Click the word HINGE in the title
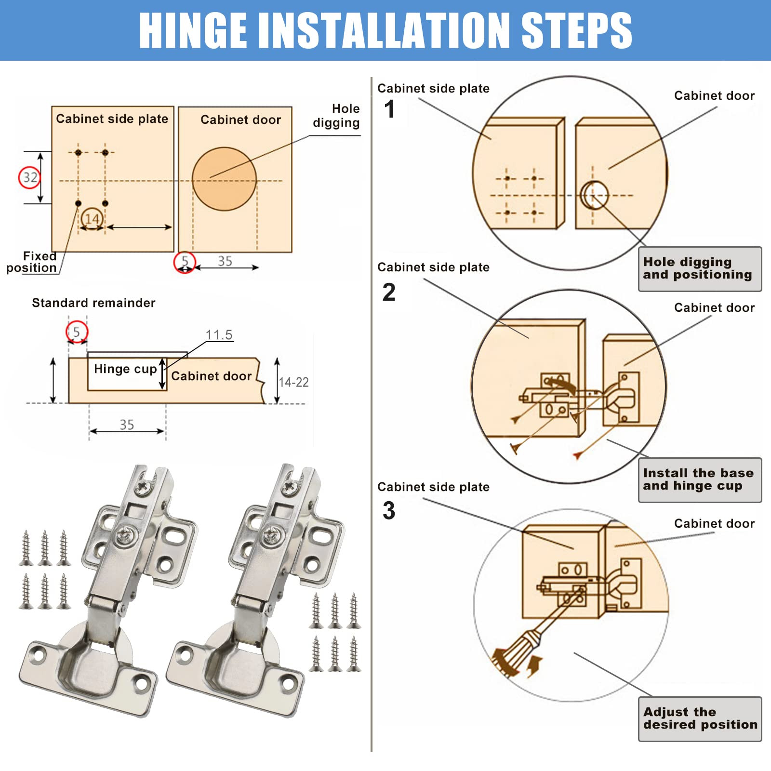(193, 30)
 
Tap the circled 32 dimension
(29, 177)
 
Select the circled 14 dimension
(92, 219)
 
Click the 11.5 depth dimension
(219, 335)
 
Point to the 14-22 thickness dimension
(293, 382)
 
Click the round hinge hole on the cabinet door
(224, 179)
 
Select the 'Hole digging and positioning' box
(700, 269)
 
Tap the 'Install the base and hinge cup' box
(700, 480)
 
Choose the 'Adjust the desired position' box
(700, 719)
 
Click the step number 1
(389, 109)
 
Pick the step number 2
(389, 292)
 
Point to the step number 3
(389, 510)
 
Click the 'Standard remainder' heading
(93, 303)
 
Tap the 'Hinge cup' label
(125, 369)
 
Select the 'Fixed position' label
(32, 262)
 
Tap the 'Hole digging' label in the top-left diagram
(336, 116)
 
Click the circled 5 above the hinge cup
(77, 332)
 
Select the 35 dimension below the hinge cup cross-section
(127, 425)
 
